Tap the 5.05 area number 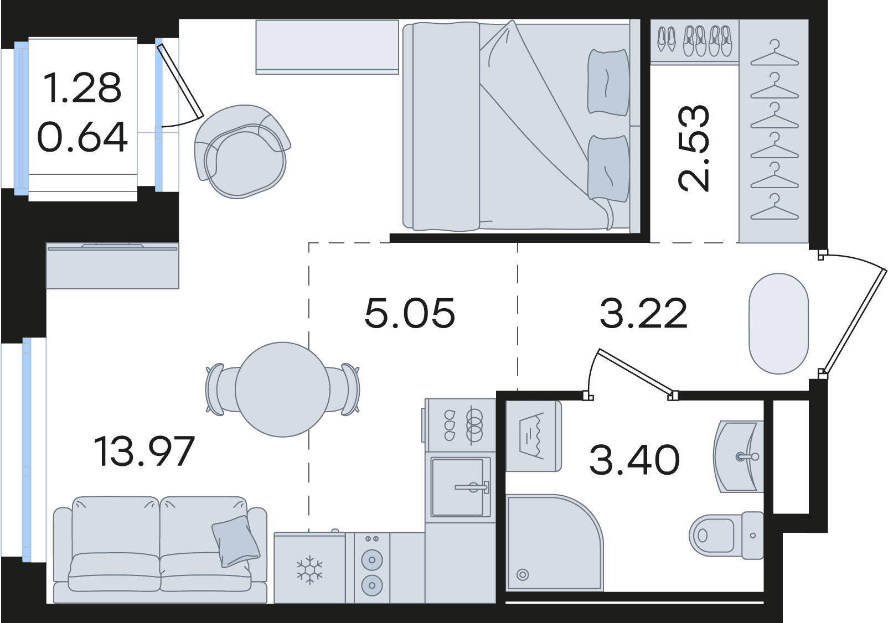(x=410, y=314)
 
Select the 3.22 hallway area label (x=643, y=314)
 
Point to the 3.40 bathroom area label (x=634, y=460)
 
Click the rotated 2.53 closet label (x=693, y=148)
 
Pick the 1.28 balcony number (x=82, y=87)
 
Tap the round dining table (x=283, y=390)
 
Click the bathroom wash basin (x=739, y=456)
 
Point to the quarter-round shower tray (x=554, y=548)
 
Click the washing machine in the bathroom (x=534, y=436)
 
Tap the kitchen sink (x=460, y=487)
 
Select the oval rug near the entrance (x=778, y=323)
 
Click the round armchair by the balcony (x=241, y=152)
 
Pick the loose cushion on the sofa (x=236, y=541)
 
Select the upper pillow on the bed (x=608, y=82)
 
